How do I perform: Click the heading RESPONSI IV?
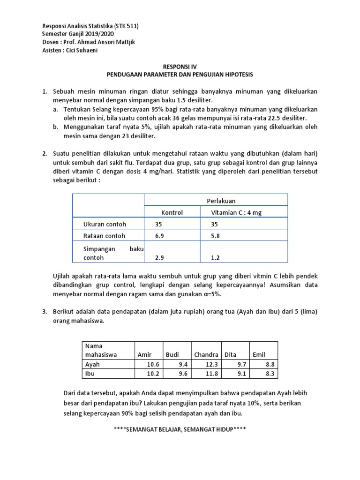[x=180, y=67]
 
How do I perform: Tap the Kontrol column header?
[x=172, y=213]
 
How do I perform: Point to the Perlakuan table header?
[x=221, y=201]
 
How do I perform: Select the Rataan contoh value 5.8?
[x=215, y=236]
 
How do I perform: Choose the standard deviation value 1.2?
[x=215, y=258]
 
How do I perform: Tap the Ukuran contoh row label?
[x=104, y=224]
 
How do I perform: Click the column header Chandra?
[x=206, y=354]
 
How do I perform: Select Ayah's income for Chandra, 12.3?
[x=212, y=364]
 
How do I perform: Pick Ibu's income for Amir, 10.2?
[x=153, y=374]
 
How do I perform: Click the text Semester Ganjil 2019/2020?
[x=78, y=34]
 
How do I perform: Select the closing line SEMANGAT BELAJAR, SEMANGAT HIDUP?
[x=180, y=430]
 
